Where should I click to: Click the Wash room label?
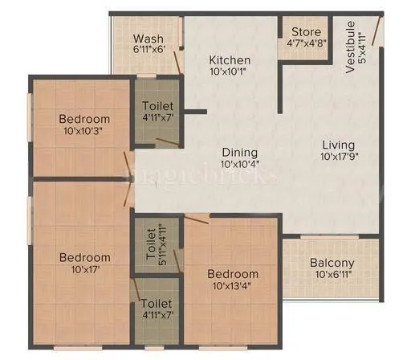tap(149, 39)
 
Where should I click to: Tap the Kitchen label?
tap(230, 60)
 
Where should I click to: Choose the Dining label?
tap(240, 152)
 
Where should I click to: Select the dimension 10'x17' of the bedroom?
tap(84, 270)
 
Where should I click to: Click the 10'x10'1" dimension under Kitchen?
tap(230, 72)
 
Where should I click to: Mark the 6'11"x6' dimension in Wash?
tap(149, 50)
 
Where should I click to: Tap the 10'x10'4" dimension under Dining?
tap(240, 164)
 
